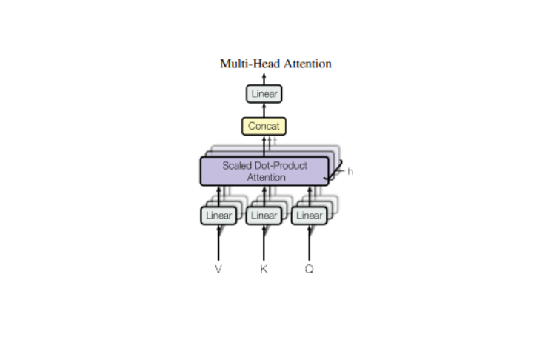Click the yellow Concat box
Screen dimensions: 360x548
(264, 126)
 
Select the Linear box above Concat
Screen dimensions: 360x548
(264, 94)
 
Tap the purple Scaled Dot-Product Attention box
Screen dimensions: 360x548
(264, 171)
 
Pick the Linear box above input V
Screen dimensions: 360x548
(218, 216)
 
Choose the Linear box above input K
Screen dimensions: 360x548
(264, 216)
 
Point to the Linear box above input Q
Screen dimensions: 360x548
(310, 216)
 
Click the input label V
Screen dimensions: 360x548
(218, 269)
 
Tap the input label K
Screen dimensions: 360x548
(264, 269)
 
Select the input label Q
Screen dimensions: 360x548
(310, 269)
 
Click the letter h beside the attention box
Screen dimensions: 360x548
(350, 172)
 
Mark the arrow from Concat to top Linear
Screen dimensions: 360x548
(264, 110)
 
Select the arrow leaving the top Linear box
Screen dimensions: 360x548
(264, 79)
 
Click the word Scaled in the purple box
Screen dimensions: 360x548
(237, 165)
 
